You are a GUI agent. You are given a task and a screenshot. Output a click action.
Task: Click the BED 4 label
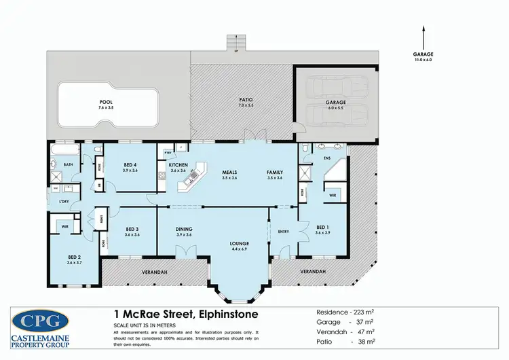(130, 165)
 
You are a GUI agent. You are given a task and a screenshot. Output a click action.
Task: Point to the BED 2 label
(73, 256)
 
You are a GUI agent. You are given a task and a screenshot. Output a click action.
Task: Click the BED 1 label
(322, 228)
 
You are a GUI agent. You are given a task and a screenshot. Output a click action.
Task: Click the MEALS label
(229, 172)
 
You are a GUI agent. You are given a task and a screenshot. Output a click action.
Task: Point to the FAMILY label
(274, 172)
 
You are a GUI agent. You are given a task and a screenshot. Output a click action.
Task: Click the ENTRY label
(283, 232)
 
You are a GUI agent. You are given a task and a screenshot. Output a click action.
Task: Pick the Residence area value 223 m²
(363, 312)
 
